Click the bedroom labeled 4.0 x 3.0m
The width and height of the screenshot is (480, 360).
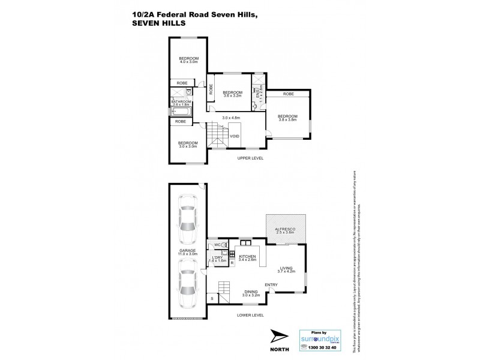click(188, 59)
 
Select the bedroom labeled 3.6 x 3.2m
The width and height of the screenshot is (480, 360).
click(228, 94)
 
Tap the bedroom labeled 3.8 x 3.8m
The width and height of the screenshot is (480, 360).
click(287, 118)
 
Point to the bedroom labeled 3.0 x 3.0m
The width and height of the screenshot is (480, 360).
click(188, 145)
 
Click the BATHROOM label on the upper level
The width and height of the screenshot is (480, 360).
click(181, 102)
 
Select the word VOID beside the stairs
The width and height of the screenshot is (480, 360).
click(235, 136)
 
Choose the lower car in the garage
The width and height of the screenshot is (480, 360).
click(188, 286)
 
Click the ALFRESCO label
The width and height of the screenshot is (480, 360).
click(287, 229)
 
